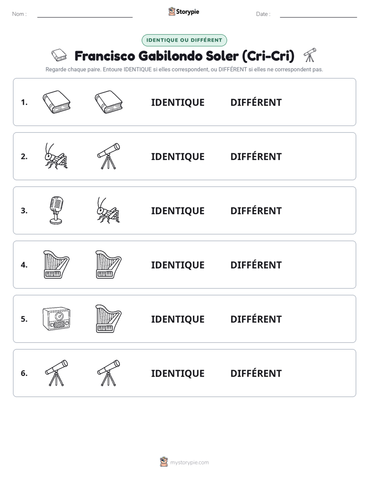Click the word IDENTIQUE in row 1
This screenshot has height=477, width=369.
pyautogui.click(x=178, y=103)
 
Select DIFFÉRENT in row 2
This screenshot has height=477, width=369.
pyautogui.click(x=256, y=156)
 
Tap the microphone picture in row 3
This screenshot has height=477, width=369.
pyautogui.click(x=56, y=210)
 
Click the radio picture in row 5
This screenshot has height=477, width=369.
pyautogui.click(x=57, y=319)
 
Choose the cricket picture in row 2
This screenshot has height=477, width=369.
pyautogui.click(x=56, y=156)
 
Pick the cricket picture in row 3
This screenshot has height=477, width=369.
pyautogui.click(x=109, y=210)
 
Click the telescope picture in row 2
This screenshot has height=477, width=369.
pyautogui.click(x=109, y=156)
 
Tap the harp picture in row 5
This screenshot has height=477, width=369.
pyautogui.click(x=109, y=319)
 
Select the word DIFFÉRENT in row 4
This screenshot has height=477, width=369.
pyautogui.click(x=256, y=265)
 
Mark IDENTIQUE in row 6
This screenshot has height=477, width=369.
pyautogui.click(x=178, y=374)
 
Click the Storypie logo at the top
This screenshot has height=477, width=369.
pyautogui.click(x=183, y=11)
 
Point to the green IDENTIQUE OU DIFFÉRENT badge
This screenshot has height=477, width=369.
pyautogui.click(x=184, y=40)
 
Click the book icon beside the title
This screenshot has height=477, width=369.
pyautogui.click(x=59, y=55)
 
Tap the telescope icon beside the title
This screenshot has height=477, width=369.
pyautogui.click(x=310, y=55)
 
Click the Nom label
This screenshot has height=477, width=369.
pyautogui.click(x=19, y=14)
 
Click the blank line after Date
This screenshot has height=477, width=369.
pyautogui.click(x=318, y=17)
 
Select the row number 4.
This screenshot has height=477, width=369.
pyautogui.click(x=24, y=265)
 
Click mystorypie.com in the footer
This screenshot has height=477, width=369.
pyautogui.click(x=189, y=463)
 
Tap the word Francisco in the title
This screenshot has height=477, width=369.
pyautogui.click(x=105, y=56)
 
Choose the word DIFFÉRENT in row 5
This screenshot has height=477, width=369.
pyautogui.click(x=256, y=319)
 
